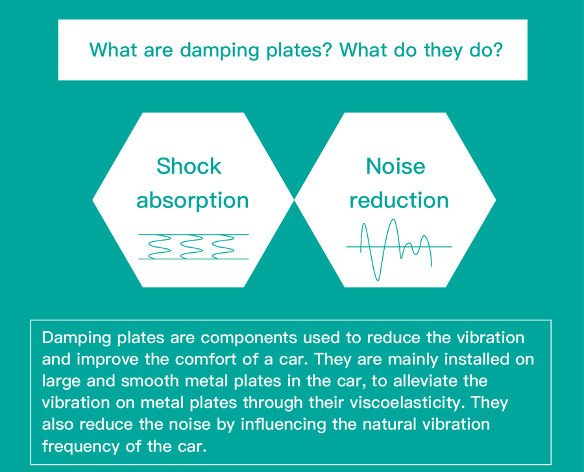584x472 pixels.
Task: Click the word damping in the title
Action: pyautogui.click(x=219, y=51)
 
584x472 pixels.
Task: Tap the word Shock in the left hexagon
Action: pyautogui.click(x=189, y=166)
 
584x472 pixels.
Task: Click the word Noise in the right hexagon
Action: pyautogui.click(x=396, y=166)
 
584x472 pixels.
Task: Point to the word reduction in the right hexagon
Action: pyautogui.click(x=399, y=200)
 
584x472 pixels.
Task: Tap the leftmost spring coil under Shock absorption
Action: pyautogui.click(x=160, y=246)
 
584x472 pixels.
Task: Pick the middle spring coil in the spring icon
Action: pyautogui.click(x=191, y=246)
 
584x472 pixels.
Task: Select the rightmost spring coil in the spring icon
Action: pyautogui.click(x=223, y=246)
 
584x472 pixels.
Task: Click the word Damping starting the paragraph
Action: pyautogui.click(x=77, y=338)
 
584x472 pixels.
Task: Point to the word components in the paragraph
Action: pyautogui.click(x=249, y=338)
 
